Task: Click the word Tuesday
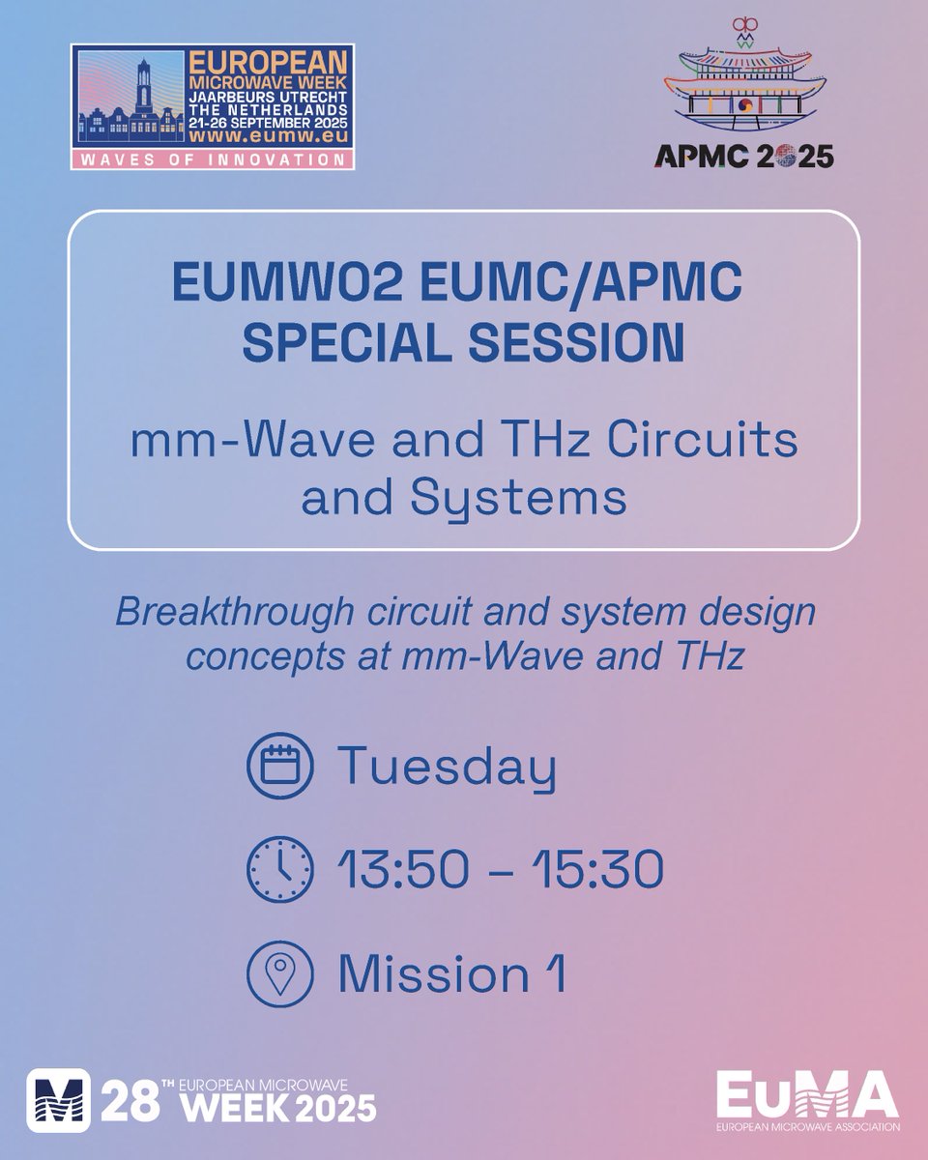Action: coord(447,770)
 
